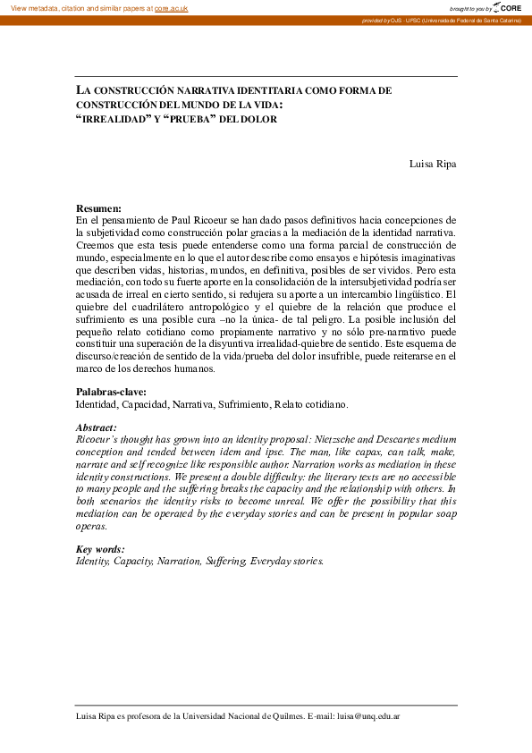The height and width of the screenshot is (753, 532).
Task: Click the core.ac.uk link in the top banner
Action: [x=171, y=8]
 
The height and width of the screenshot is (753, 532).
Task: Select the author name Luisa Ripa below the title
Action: [x=433, y=164]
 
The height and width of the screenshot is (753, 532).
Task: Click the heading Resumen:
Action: [x=98, y=208]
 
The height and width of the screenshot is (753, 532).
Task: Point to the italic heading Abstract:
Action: [x=97, y=428]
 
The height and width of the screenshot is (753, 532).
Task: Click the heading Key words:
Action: [x=100, y=549]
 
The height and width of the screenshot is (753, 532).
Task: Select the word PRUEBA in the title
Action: [x=185, y=119]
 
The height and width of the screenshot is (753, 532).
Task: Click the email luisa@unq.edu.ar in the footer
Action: [x=368, y=717]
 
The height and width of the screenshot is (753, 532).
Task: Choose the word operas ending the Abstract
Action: [x=91, y=527]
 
